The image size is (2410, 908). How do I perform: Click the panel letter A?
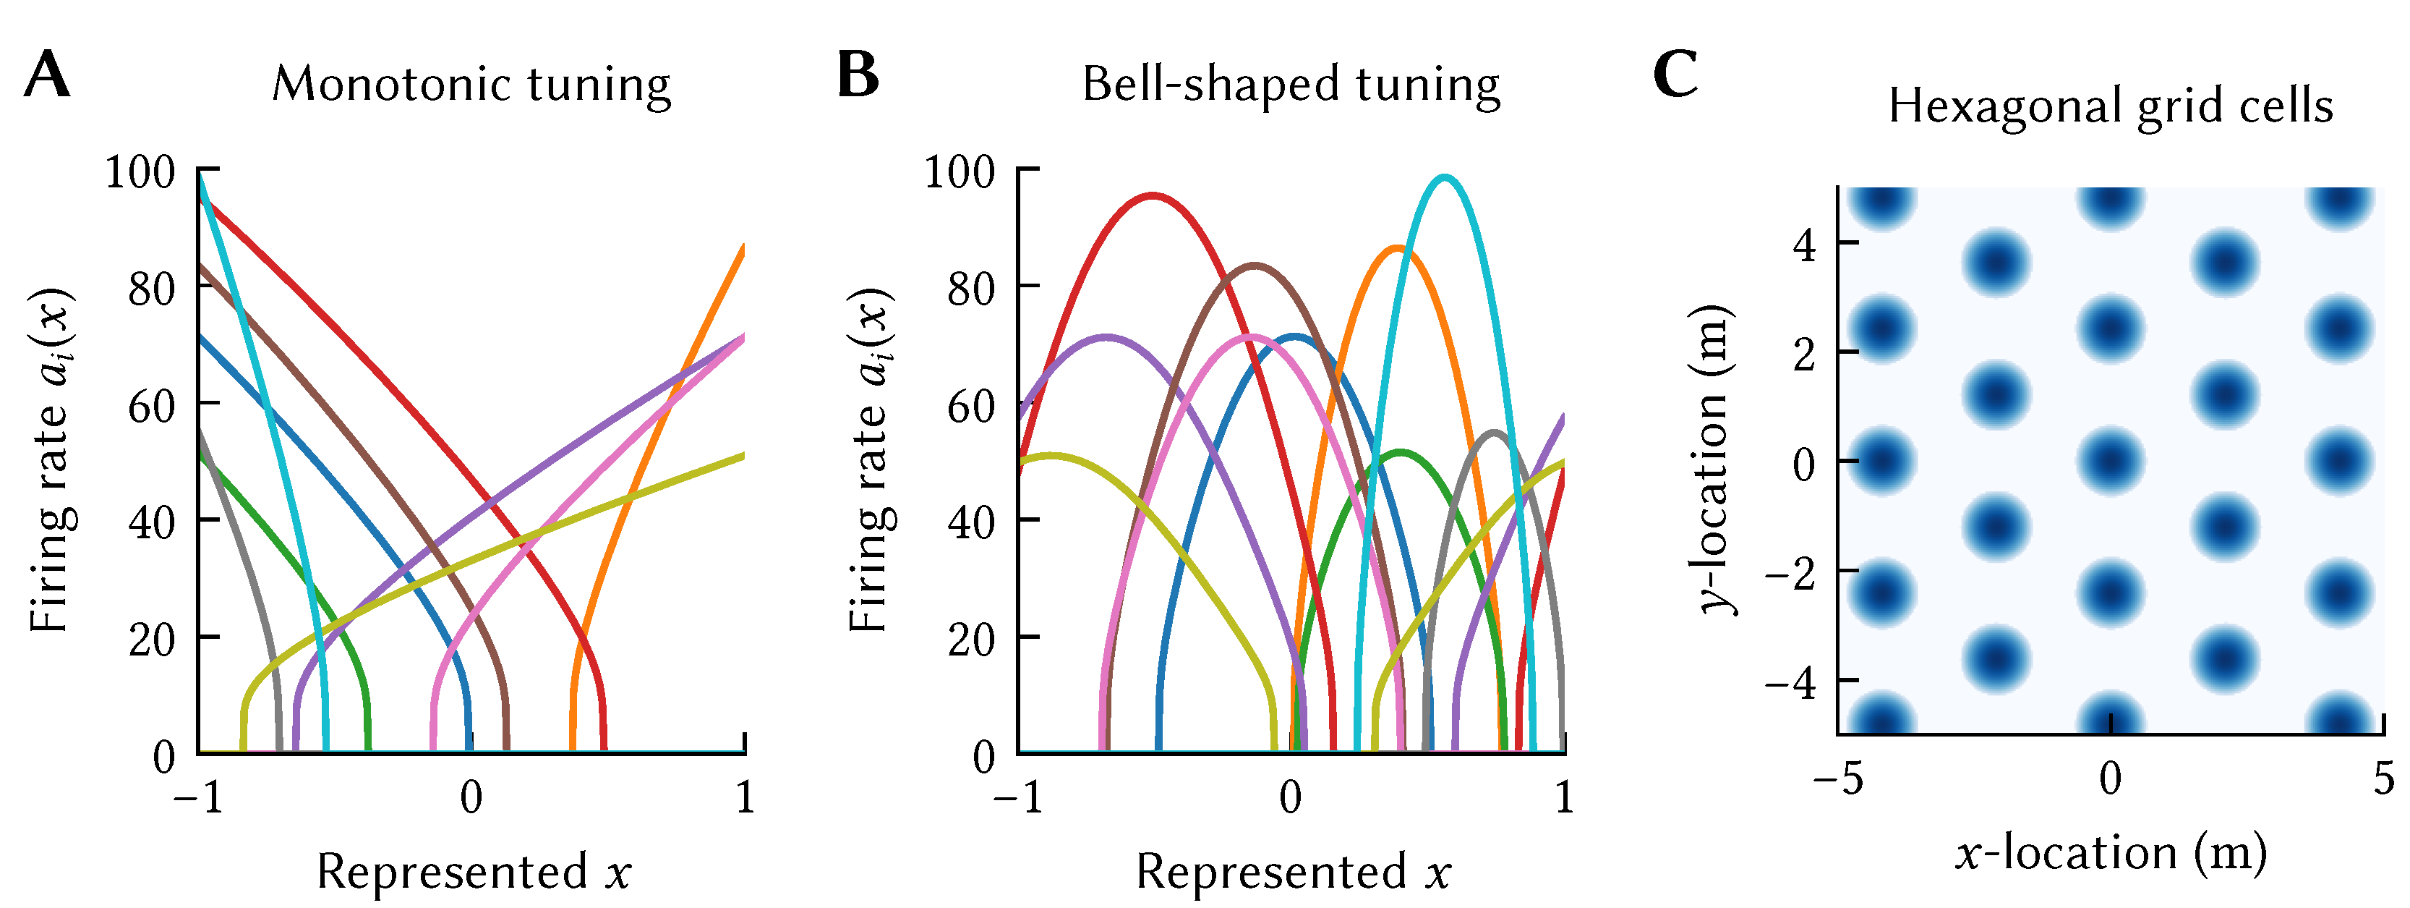[x=48, y=75]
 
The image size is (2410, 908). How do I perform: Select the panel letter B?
[x=858, y=75]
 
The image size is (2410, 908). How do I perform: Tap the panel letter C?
[x=1675, y=75]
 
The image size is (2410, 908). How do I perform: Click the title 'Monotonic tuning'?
[x=471, y=84]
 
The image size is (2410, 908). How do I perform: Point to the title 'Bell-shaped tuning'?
[x=1291, y=84]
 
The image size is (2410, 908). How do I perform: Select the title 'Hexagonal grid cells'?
[x=2111, y=106]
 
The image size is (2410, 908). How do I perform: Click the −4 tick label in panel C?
[x=1790, y=682]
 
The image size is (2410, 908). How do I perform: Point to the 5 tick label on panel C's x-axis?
[x=2384, y=778]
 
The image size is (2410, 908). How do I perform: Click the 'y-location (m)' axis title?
[x=1714, y=459]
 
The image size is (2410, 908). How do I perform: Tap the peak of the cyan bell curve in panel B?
[x=1445, y=177]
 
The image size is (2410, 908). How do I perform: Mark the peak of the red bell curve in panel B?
[x=1153, y=195]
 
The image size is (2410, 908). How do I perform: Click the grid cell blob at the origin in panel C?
[x=2111, y=461]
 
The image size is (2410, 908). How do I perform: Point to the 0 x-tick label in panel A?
[x=471, y=797]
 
